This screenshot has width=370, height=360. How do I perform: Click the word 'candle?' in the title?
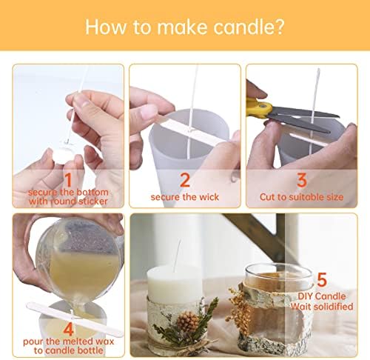coord(249,27)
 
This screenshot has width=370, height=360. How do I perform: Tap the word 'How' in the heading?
coord(106,27)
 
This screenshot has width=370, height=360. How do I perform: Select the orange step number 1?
coord(68,180)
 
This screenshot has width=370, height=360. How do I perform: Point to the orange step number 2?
coord(185,180)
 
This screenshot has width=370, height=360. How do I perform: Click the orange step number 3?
coord(302,180)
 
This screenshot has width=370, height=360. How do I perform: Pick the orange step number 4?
coord(68,329)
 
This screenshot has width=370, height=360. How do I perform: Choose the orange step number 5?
coord(322,279)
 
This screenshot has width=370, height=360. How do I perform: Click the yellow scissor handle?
coord(259,108)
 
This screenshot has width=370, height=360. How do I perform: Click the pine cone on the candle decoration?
coord(187,321)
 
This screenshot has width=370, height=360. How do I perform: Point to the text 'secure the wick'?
coord(185,197)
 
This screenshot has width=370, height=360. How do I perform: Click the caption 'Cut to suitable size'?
coord(301,197)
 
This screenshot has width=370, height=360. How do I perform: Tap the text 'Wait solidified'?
coord(322,307)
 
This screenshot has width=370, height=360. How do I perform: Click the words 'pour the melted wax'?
coord(68,341)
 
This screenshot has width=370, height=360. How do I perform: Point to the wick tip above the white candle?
coord(181,240)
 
